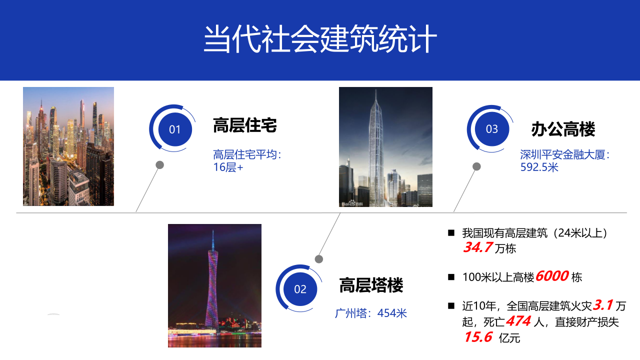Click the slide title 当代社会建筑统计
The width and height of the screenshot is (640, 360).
pos(320,39)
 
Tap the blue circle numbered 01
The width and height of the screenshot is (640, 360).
pos(175,129)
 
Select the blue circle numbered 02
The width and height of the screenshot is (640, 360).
pos(300,289)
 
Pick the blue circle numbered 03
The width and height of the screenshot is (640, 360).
pos(492,129)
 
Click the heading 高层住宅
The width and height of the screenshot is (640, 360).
pos(245,125)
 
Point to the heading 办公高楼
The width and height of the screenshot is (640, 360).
pos(563,129)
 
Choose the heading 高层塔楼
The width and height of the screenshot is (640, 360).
pos(371,285)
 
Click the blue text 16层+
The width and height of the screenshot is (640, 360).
pos(228,167)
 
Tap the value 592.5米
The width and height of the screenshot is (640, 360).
pos(539,167)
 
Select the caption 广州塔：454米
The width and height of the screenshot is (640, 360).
pos(371,313)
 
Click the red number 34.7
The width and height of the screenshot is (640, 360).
pos(477,247)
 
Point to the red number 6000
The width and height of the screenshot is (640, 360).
pos(552,276)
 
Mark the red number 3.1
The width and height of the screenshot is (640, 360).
pos(603,305)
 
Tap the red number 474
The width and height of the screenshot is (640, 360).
pos(518,321)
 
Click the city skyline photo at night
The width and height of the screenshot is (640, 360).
pos(68,146)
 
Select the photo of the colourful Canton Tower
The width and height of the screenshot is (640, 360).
pos(214,285)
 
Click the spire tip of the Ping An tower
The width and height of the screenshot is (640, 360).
pos(376,89)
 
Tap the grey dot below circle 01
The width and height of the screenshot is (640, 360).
pos(159,165)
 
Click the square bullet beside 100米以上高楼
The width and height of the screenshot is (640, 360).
pos(451,277)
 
